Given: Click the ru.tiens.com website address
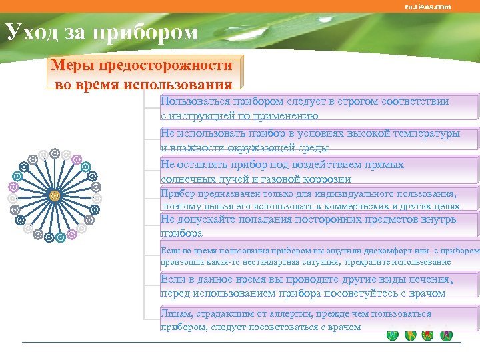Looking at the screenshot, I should tap(427, 7).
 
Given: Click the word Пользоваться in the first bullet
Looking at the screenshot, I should tap(195, 101).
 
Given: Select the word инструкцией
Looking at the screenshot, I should tap(204, 115).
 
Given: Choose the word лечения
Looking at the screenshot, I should tap(431, 279).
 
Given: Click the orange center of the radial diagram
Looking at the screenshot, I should tap(55, 195).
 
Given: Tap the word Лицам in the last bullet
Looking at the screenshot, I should tap(176, 313).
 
